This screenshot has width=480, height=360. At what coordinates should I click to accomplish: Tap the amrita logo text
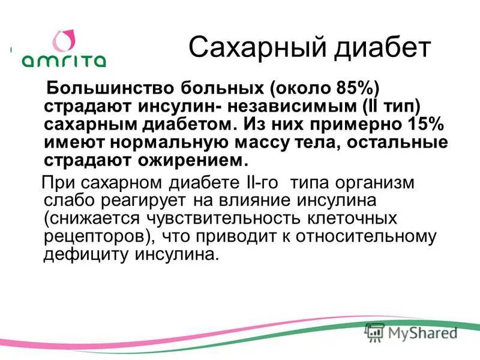click(x=64, y=60)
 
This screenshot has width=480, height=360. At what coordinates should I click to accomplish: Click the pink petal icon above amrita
click(x=64, y=40)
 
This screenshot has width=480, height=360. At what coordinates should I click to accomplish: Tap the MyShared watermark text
click(x=420, y=332)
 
